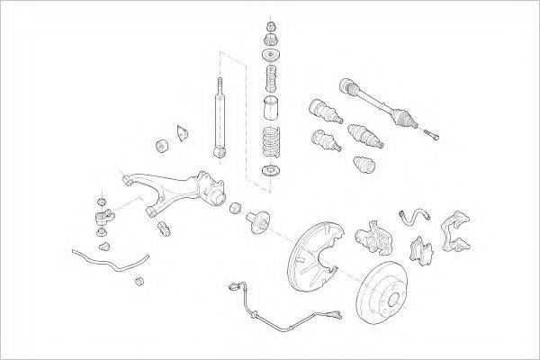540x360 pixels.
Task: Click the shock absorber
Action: [x=219, y=117]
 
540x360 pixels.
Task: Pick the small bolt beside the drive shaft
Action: [x=435, y=136]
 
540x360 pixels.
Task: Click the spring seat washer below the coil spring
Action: [x=269, y=172]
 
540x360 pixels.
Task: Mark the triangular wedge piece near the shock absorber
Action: [x=183, y=133]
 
